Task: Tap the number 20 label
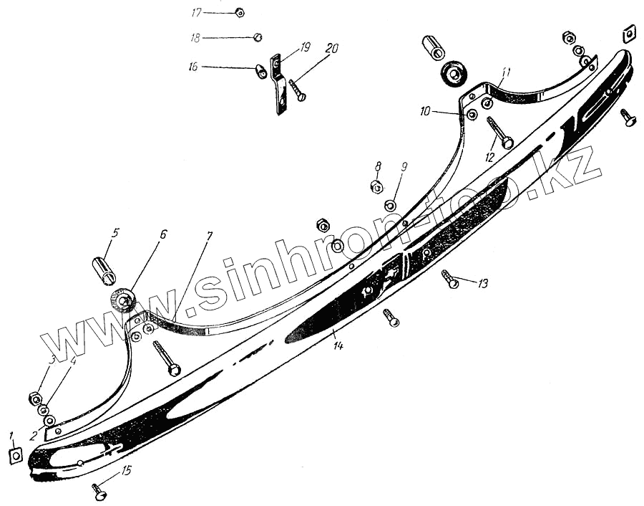click(331, 49)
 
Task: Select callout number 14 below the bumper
click(338, 345)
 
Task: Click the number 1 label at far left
click(11, 435)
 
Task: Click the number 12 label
click(490, 158)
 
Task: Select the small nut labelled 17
click(240, 12)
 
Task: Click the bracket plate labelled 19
click(279, 85)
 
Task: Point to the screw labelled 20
click(298, 90)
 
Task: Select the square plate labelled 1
click(15, 454)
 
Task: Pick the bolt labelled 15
click(99, 492)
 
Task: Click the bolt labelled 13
click(451, 280)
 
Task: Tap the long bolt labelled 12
click(498, 133)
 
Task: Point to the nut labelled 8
click(376, 187)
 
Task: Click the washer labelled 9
click(390, 206)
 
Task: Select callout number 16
click(193, 66)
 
